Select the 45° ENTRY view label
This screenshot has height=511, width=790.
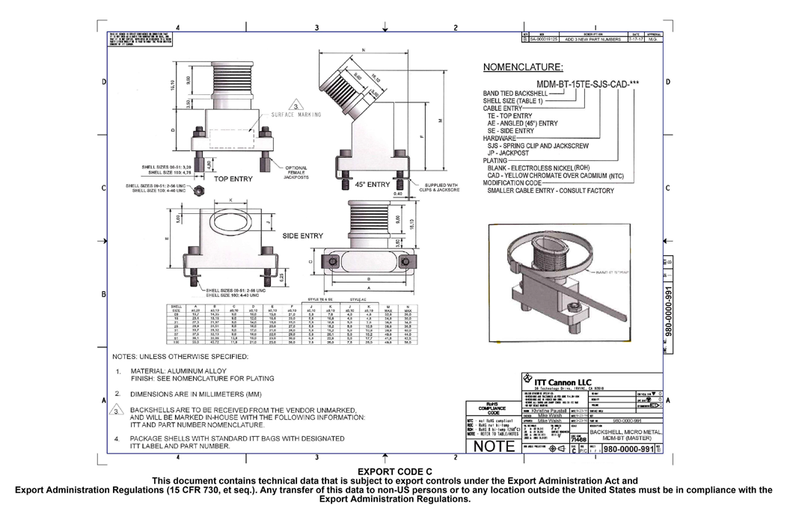click(x=372, y=184)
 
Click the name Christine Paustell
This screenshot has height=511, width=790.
click(x=550, y=411)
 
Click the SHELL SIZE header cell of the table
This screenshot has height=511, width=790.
click(x=177, y=309)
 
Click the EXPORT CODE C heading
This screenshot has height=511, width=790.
click(x=396, y=471)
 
